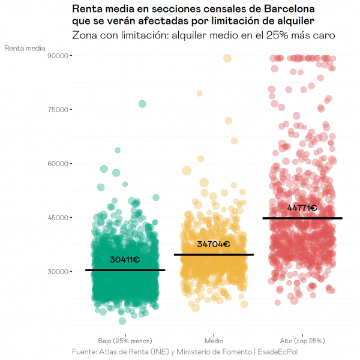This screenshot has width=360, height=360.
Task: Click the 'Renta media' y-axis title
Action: click(x=25, y=48)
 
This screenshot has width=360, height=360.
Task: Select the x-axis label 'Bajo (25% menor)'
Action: click(x=125, y=340)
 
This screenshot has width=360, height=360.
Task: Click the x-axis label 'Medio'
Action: click(x=214, y=340)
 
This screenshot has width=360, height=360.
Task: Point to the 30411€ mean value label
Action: click(x=125, y=260)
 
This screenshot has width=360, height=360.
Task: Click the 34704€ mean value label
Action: click(x=214, y=244)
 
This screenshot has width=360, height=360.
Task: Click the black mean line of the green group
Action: click(x=125, y=270)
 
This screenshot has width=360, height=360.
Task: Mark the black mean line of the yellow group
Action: click(x=214, y=254)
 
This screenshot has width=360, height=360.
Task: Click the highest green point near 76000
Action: click(x=142, y=104)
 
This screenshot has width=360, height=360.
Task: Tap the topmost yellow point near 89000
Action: click(x=227, y=58)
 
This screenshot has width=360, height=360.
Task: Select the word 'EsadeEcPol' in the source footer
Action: click(x=277, y=351)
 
